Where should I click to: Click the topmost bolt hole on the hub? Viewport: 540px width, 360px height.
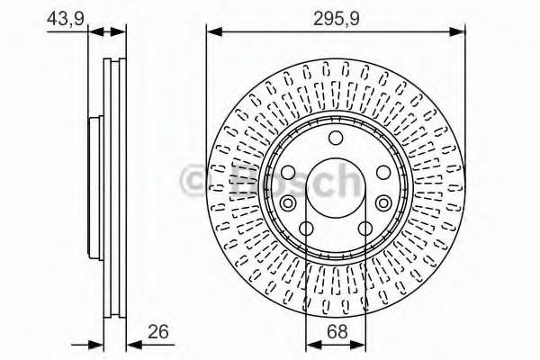[x=336, y=137]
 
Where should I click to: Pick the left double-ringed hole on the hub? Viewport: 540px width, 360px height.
[x=288, y=174]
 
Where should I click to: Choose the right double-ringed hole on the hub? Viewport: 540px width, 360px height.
[x=384, y=174]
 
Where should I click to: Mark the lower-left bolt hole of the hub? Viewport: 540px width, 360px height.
[x=307, y=229]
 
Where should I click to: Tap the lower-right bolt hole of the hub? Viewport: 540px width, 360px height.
[x=365, y=229]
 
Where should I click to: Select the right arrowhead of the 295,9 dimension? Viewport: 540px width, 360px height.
[x=460, y=32]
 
